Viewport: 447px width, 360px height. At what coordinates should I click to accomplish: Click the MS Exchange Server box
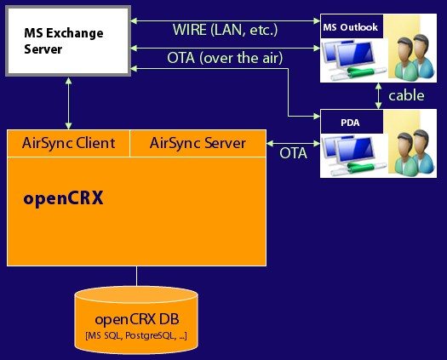[68, 41]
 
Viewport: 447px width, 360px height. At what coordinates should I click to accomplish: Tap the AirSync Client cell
[68, 143]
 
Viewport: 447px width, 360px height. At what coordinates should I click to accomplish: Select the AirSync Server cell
[198, 143]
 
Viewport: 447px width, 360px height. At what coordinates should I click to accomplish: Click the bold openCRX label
[63, 198]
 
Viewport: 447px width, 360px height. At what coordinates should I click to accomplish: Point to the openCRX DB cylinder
[136, 320]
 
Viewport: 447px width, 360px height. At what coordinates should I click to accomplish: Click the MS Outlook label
[350, 27]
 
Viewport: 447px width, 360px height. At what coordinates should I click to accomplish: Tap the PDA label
[350, 123]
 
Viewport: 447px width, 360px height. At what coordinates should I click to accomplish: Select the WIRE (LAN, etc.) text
[225, 30]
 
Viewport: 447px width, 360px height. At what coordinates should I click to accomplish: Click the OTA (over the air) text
[225, 58]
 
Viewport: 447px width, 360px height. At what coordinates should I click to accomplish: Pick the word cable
[406, 95]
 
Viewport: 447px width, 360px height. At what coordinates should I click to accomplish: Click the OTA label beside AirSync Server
[293, 153]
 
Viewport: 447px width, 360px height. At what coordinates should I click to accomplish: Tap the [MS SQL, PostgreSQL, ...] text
[136, 336]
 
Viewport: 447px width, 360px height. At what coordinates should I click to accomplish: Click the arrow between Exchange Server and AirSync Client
[68, 103]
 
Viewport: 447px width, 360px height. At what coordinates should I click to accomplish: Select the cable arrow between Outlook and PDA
[378, 96]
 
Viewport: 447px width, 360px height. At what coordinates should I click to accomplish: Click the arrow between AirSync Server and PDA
[293, 143]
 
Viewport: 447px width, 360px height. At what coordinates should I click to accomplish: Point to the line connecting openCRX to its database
[136, 277]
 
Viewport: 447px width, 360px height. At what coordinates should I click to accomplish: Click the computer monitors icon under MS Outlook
[354, 60]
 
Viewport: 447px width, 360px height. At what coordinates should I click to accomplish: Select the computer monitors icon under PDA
[354, 156]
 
